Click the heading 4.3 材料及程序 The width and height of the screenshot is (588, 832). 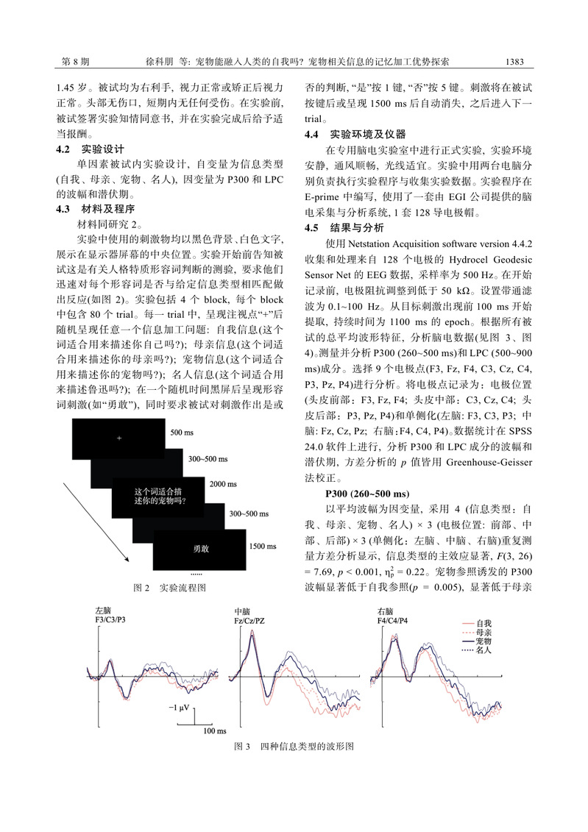pos(95,209)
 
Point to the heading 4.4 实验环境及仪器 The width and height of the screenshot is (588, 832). pos(355,134)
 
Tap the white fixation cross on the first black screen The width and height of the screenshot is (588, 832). pos(118,438)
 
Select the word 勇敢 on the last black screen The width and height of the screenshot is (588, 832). pos(201,548)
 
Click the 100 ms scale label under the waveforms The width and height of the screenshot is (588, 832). pos(214,730)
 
